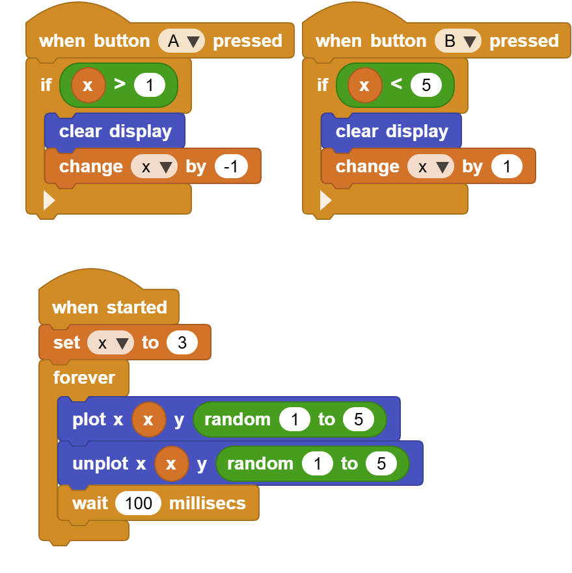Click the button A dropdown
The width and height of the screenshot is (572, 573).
[182, 40]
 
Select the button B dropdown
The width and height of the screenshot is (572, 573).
[458, 40]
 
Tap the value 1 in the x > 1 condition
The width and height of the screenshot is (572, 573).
[150, 85]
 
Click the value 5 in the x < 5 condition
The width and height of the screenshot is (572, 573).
[426, 85]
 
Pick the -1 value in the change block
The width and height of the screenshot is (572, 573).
[231, 167]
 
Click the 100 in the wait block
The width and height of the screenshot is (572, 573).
[138, 503]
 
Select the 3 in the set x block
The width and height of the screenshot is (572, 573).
[182, 343]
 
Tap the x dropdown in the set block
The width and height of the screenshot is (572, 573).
[111, 343]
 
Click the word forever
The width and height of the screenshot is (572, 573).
[84, 377]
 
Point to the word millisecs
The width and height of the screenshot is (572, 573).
[208, 503]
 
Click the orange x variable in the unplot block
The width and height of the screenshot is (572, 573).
[172, 464]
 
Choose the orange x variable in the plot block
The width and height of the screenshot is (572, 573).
[149, 420]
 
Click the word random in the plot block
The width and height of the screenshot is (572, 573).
[238, 420]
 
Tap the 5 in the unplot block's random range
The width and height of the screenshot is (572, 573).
[381, 464]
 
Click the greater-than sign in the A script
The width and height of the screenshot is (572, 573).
[120, 84]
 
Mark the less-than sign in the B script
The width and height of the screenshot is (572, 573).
[396, 84]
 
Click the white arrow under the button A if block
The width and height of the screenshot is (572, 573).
[49, 200]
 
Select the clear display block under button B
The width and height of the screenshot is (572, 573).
[391, 131]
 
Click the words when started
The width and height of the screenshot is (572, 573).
[109, 307]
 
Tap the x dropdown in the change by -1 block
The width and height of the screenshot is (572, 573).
[154, 167]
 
